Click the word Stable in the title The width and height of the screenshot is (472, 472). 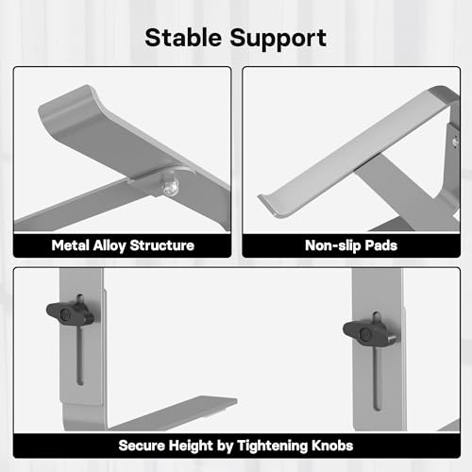[183, 38]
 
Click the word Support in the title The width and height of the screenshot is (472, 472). [278, 39]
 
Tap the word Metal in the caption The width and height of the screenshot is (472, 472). [70, 245]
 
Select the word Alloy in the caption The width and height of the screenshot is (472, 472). [110, 246]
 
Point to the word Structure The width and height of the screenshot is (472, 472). [162, 245]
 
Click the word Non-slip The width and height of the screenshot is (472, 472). [332, 246]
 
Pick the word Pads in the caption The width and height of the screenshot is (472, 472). [380, 245]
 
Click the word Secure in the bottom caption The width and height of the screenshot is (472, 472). [142, 446]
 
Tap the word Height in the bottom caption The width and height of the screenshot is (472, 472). [191, 447]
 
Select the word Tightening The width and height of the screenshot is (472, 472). [272, 447]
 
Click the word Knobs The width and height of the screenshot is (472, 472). [332, 446]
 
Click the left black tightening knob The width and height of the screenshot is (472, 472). [70, 313]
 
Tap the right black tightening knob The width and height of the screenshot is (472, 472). [368, 333]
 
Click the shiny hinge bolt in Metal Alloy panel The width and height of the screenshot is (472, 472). [169, 188]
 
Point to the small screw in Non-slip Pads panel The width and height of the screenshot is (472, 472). [455, 142]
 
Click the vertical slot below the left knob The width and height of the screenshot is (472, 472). [80, 355]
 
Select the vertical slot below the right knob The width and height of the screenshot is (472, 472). [377, 379]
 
